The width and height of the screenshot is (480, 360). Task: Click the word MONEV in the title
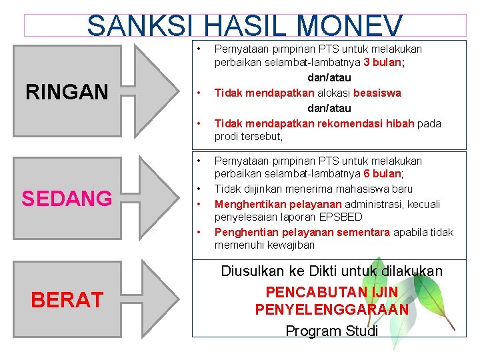click(349, 26)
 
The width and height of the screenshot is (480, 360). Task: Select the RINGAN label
click(67, 92)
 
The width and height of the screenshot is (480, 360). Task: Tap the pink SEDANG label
click(67, 198)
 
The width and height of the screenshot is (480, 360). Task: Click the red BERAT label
click(67, 300)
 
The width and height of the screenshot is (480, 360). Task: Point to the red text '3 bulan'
click(382, 63)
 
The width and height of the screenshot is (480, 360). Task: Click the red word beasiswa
click(377, 93)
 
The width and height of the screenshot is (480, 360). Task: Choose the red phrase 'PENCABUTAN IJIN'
click(331, 292)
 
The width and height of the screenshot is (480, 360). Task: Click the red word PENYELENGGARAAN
click(331, 310)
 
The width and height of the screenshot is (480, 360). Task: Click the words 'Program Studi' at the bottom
click(331, 331)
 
